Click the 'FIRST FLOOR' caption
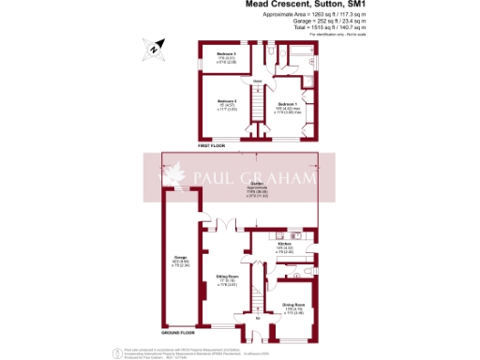(212, 146)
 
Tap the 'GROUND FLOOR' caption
(178, 332)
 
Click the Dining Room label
(295, 307)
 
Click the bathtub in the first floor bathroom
(305, 58)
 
